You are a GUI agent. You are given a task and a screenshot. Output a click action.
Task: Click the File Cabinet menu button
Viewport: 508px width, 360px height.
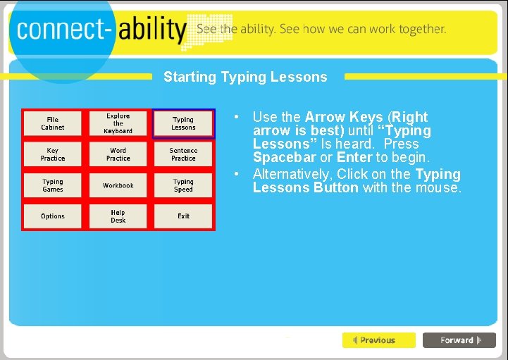click(x=53, y=123)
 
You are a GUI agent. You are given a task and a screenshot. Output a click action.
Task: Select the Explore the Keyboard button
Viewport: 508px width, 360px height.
click(x=118, y=123)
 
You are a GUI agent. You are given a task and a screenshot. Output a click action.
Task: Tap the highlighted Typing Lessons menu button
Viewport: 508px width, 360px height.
click(x=183, y=123)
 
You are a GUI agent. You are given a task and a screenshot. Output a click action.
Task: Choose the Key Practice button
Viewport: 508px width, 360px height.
click(x=53, y=154)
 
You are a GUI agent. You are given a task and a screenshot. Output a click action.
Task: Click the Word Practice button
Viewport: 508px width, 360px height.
click(x=118, y=154)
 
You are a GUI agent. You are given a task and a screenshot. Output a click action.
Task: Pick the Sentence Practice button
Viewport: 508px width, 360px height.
click(x=183, y=154)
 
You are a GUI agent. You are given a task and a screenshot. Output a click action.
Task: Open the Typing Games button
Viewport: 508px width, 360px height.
click(x=53, y=185)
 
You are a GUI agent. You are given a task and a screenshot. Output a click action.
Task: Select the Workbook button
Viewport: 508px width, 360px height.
click(x=118, y=185)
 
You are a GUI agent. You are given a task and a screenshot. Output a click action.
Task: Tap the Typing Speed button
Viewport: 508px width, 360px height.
click(x=183, y=185)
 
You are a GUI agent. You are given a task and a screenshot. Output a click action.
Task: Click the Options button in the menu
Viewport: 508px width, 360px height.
click(x=53, y=216)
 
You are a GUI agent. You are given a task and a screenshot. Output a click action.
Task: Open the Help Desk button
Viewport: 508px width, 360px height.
click(x=118, y=216)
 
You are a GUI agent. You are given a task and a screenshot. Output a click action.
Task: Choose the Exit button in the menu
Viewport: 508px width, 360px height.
click(x=183, y=216)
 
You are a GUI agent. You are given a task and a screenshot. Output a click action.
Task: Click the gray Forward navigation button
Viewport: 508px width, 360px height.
click(x=459, y=340)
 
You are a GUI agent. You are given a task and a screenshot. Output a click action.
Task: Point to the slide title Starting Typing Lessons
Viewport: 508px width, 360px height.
click(x=245, y=77)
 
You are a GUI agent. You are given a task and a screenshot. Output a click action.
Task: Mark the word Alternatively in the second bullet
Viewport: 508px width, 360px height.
click(x=291, y=174)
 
